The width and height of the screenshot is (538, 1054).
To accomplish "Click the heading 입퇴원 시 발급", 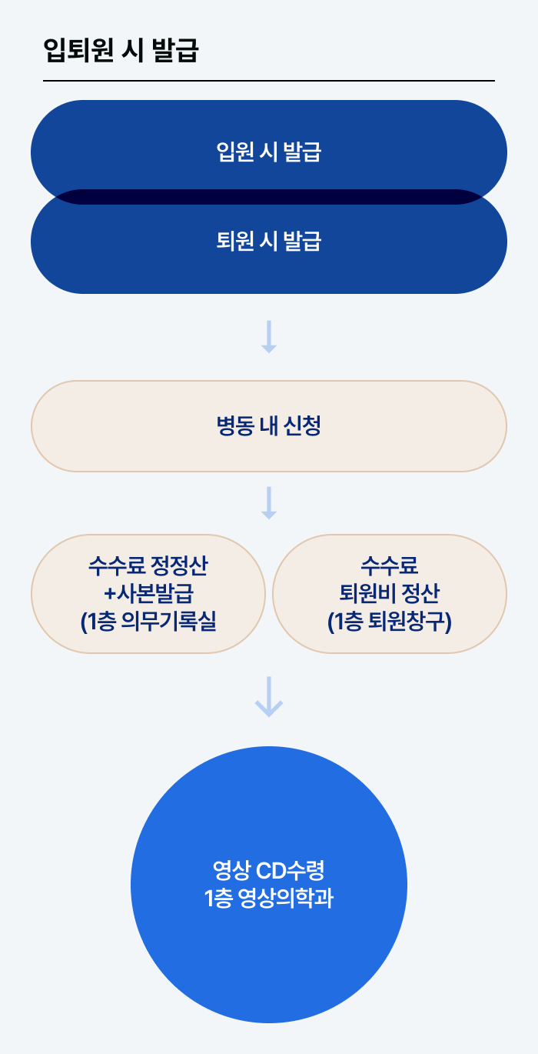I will click(x=121, y=51).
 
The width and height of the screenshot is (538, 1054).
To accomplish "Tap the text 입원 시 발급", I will click(x=268, y=152).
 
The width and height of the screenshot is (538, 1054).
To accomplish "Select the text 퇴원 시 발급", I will click(x=268, y=242).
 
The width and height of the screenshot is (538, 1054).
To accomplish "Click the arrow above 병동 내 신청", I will click(x=268, y=337).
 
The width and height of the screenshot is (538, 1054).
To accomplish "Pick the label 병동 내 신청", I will click(x=268, y=426).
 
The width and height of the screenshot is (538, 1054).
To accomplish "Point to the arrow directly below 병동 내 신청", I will click(x=268, y=502).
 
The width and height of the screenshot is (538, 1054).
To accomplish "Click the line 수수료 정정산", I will click(x=148, y=568).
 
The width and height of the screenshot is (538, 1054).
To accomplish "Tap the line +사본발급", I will click(x=148, y=594).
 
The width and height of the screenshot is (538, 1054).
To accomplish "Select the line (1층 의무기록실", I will click(x=148, y=621).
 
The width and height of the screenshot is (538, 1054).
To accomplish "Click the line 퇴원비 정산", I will click(x=390, y=594).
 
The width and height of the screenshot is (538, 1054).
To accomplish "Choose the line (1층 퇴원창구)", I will click(x=390, y=621).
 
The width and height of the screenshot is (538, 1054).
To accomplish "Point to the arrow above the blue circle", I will click(x=268, y=696).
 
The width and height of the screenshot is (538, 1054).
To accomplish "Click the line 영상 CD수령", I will click(x=268, y=872).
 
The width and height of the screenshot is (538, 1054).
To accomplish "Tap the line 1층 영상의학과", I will click(x=268, y=899).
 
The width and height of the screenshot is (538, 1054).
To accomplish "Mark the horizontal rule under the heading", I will click(x=268, y=80).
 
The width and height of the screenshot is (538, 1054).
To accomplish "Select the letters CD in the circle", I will click(x=270, y=872).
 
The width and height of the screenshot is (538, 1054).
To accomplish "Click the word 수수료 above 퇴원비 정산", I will click(x=390, y=568).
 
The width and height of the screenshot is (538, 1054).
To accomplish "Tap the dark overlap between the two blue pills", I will click(x=268, y=197).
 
